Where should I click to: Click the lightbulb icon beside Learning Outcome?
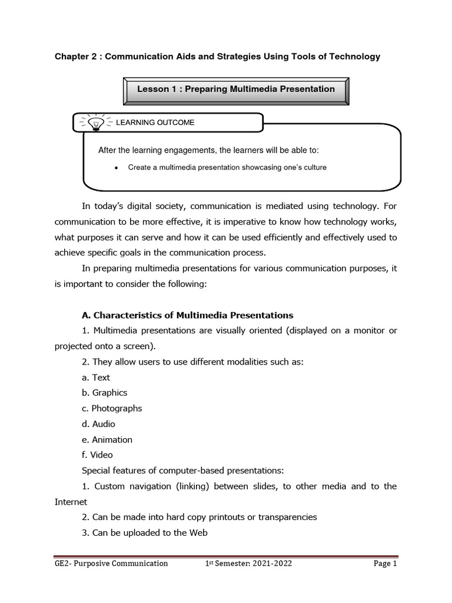pyautogui.click(x=95, y=122)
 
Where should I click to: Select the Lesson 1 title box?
pyautogui.click(x=236, y=90)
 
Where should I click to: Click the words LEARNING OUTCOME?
pyautogui.click(x=155, y=122)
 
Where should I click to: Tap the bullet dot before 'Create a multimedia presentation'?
pyautogui.click(x=116, y=168)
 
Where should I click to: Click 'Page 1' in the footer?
pyautogui.click(x=385, y=564)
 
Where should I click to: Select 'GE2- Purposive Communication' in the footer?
pyautogui.click(x=111, y=564)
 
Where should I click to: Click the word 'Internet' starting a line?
pyautogui.click(x=71, y=502)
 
